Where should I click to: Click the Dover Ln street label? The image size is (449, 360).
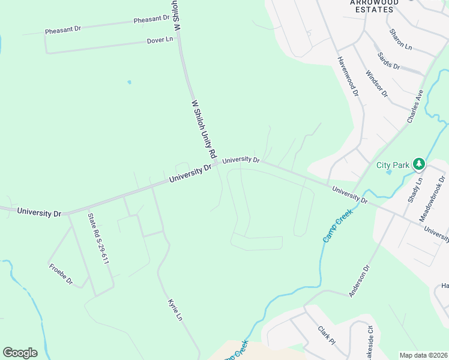click(160, 40)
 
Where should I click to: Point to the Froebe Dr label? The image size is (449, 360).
click(61, 273)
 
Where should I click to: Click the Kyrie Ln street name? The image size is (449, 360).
click(175, 309)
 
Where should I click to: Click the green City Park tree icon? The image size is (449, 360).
click(419, 164)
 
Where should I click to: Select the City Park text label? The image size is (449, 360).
click(393, 165)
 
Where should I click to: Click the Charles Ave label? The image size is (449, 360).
click(415, 107)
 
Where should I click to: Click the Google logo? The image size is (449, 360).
click(20, 353)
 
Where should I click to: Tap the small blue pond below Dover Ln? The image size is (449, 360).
click(129, 82)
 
